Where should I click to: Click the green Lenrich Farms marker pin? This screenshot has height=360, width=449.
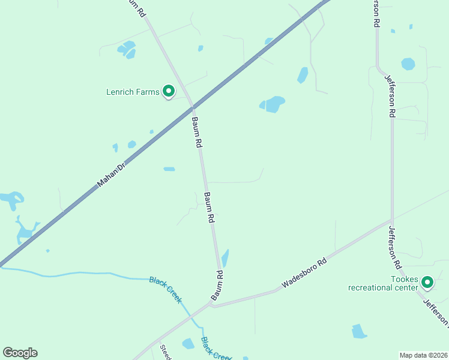click(169, 91)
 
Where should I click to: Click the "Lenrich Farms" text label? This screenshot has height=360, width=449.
click(133, 92)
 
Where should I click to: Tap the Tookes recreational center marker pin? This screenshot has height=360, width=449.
click(427, 281)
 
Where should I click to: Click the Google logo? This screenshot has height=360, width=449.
click(20, 353)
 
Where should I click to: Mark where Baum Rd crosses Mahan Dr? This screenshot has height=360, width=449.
click(193, 107)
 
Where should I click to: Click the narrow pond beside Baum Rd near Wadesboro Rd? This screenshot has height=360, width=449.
click(225, 258)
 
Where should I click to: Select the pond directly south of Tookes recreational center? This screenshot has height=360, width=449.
click(359, 331)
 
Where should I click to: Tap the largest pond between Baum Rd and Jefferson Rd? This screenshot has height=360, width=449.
click(273, 104)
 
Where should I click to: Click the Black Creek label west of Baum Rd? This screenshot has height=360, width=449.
click(165, 290)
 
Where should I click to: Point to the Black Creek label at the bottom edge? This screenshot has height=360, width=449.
click(215, 349)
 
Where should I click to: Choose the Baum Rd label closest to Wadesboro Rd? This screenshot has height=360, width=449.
click(217, 286)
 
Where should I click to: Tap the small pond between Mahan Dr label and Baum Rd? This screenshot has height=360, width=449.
click(169, 169)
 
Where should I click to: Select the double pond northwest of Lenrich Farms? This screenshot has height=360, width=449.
click(127, 49)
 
